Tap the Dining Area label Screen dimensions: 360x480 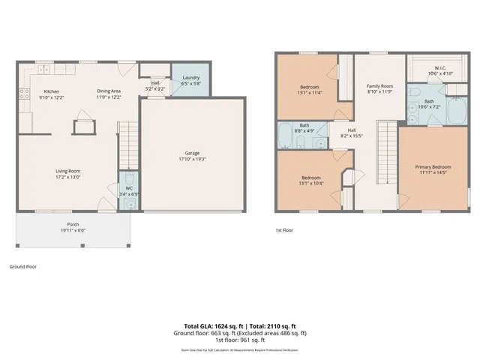(109, 94)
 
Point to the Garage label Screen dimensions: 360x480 (192, 155)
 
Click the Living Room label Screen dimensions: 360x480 (67, 174)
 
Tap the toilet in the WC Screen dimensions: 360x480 (130, 202)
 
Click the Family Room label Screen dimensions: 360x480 (379, 88)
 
